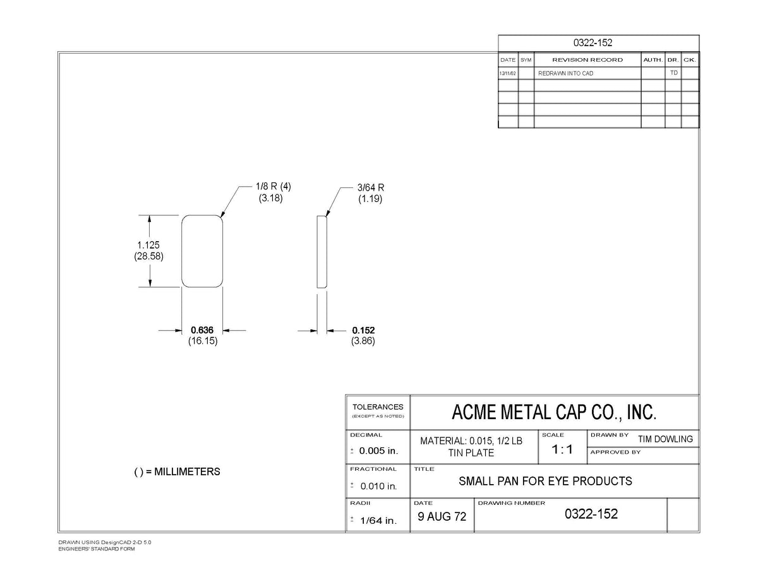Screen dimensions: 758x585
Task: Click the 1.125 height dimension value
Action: [148, 245]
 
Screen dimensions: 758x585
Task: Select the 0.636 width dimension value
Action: [202, 330]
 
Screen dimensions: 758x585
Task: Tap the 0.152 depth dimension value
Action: [363, 330]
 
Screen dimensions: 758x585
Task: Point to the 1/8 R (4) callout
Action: [273, 186]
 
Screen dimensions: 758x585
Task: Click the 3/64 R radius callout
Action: [371, 187]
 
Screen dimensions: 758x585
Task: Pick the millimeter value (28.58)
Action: [148, 256]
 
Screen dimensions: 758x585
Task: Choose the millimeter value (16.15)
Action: [203, 341]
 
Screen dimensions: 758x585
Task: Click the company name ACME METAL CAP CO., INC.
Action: [554, 412]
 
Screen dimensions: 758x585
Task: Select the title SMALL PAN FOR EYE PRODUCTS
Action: [545, 481]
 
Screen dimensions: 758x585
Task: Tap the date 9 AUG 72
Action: [442, 516]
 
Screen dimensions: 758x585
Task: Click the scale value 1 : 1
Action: [562, 449]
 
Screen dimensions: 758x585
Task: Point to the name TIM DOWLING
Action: [666, 439]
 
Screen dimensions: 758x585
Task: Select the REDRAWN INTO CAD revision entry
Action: [565, 73]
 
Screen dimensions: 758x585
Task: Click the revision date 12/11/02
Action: [507, 73]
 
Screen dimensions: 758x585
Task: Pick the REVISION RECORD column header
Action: [587, 60]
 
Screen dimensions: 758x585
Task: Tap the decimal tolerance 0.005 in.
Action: [378, 451]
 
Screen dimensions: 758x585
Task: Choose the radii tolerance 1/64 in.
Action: [378, 521]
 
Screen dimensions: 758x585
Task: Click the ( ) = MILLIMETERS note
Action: [177, 472]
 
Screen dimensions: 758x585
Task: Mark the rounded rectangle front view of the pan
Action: [182, 251]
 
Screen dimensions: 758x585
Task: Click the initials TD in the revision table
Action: [674, 73]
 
